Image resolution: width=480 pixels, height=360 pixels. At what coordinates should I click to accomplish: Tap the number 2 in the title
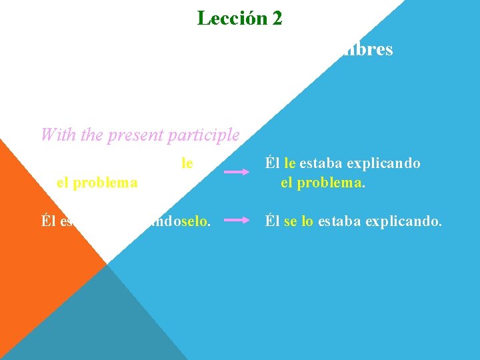pyautogui.click(x=276, y=18)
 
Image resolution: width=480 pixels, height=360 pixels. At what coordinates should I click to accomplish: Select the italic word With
pyautogui.click(x=55, y=135)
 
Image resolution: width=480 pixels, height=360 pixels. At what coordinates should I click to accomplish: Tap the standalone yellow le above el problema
pyautogui.click(x=187, y=161)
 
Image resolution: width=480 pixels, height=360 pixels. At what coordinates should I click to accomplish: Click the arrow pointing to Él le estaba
pyautogui.click(x=237, y=172)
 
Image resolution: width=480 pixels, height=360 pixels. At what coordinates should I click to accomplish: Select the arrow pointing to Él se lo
pyautogui.click(x=237, y=219)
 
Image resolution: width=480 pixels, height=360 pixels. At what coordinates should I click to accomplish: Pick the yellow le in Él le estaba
pyautogui.click(x=289, y=163)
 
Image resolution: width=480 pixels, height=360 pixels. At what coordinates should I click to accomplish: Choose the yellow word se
pyautogui.click(x=290, y=220)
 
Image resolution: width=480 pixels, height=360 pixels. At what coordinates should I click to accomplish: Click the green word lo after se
pyautogui.click(x=307, y=220)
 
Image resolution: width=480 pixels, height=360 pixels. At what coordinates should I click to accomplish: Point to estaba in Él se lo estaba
pyautogui.click(x=339, y=220)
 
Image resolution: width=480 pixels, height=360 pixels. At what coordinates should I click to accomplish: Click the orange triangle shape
pyautogui.click(x=40, y=227)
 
